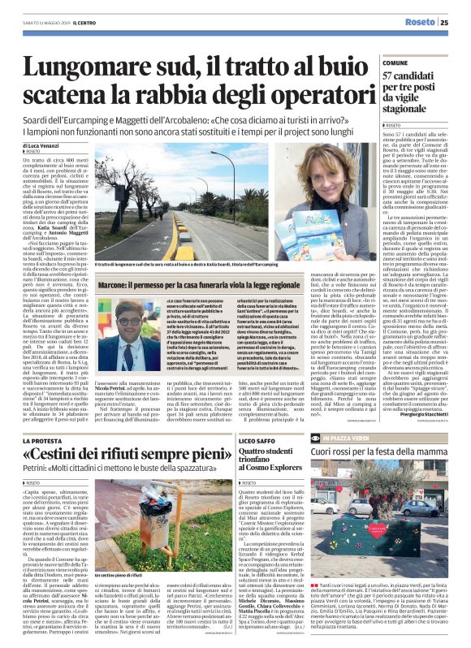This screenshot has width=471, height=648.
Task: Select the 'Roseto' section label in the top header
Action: [418, 23]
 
